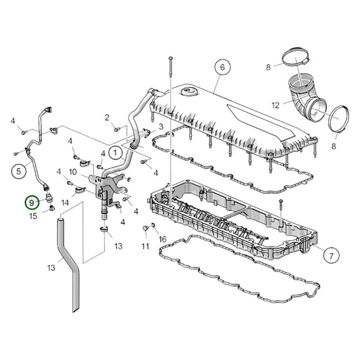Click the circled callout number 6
pyautogui.click(x=220, y=68)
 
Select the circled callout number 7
pyautogui.click(x=330, y=256)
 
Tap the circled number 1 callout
pyautogui.click(x=115, y=153)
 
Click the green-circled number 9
pyautogui.click(x=31, y=202)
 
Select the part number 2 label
pyautogui.click(x=107, y=118)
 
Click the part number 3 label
pyautogui.click(x=161, y=126)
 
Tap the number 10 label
pyautogui.click(x=72, y=172)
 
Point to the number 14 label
pyautogui.click(x=66, y=202)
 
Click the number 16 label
pyautogui.click(x=161, y=239)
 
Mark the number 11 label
pyautogui.click(x=144, y=247)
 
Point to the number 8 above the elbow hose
pyautogui.click(x=269, y=67)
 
